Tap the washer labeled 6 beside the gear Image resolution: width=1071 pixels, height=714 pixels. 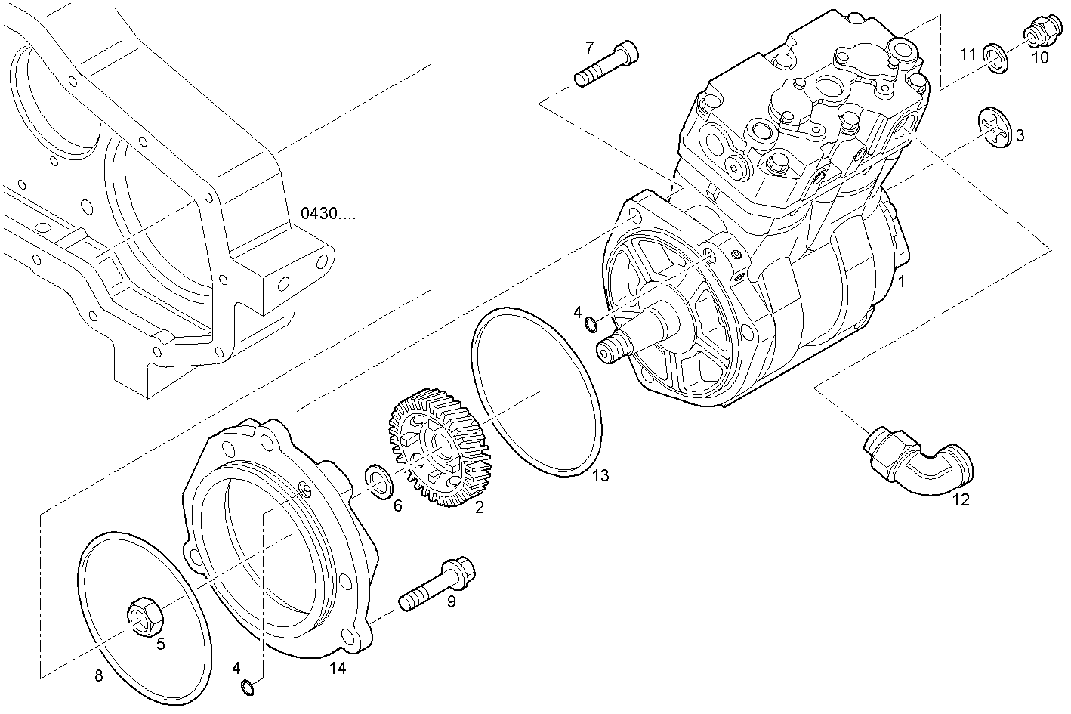point(378,483)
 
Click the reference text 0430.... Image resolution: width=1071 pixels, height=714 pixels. point(328,213)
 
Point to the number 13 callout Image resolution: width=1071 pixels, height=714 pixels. point(600,475)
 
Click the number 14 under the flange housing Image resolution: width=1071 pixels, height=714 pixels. point(337,667)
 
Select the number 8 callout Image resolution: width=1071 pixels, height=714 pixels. point(99,676)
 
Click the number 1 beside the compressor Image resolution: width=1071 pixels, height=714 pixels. point(900,282)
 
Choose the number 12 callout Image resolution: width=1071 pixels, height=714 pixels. point(960,499)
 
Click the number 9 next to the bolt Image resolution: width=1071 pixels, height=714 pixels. point(451,602)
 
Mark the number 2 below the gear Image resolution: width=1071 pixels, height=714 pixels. point(479,508)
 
